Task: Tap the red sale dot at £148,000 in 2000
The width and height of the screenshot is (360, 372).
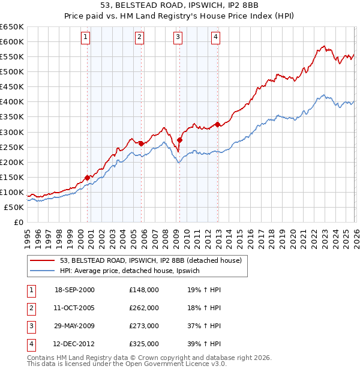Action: (88, 178)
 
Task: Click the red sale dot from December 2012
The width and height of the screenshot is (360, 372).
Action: (217, 124)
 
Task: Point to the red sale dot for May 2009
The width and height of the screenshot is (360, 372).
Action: (179, 140)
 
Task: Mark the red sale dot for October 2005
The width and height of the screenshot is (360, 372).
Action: (141, 143)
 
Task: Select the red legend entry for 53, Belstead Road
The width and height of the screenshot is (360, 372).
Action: (150, 260)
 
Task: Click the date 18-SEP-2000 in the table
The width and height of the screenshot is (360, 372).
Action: (74, 290)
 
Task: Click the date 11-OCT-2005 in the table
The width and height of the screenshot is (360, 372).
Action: (74, 308)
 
